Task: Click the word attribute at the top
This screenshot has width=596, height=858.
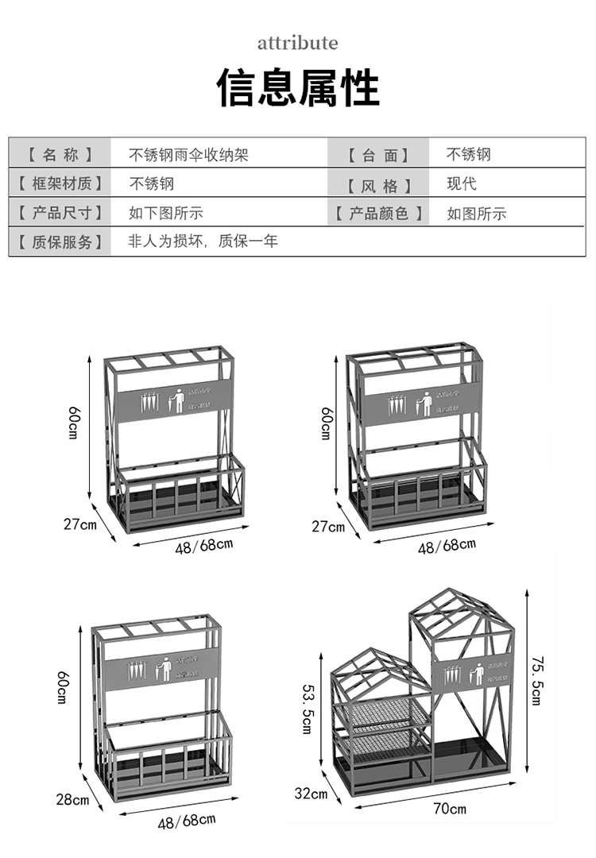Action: pyautogui.click(x=297, y=42)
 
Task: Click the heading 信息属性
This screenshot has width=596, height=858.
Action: pyautogui.click(x=298, y=87)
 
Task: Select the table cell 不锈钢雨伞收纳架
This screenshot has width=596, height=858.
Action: pyautogui.click(x=189, y=155)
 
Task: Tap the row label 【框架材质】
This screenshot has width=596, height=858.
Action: pyautogui.click(x=60, y=184)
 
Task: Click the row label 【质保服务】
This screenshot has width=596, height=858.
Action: pyautogui.click(x=60, y=242)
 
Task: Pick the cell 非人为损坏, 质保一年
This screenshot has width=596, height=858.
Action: pyautogui.click(x=203, y=241)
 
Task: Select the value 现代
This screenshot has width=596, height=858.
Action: pyautogui.click(x=462, y=184)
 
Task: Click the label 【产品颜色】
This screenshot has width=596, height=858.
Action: pyautogui.click(x=379, y=213)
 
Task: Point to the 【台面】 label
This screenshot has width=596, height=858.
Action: pyautogui.click(x=379, y=155)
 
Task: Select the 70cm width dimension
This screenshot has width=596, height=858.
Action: pyautogui.click(x=450, y=809)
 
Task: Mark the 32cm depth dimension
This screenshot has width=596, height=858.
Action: pyautogui.click(x=311, y=792)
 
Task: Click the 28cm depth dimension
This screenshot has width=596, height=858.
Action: pyautogui.click(x=72, y=798)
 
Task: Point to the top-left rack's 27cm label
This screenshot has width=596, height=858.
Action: pyautogui.click(x=80, y=524)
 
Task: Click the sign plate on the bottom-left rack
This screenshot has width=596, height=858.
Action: pyautogui.click(x=157, y=668)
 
